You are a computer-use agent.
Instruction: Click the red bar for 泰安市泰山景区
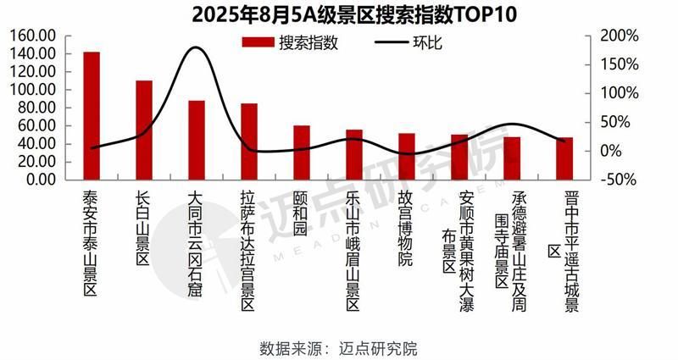pyautogui.click(x=92, y=116)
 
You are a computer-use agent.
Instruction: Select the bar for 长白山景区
pyautogui.click(x=144, y=130)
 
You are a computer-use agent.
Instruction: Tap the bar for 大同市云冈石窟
pyautogui.click(x=197, y=140)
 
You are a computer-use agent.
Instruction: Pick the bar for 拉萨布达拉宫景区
pyautogui.click(x=249, y=141)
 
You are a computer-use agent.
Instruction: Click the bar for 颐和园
pyautogui.click(x=302, y=152)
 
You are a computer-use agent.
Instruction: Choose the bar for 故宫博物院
pyautogui.click(x=407, y=157)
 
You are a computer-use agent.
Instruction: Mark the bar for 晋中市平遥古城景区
pyautogui.click(x=564, y=158)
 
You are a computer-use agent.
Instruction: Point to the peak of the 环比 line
pyautogui.click(x=196, y=47)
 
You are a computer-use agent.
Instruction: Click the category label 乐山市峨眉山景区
pyautogui.click(x=354, y=241)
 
